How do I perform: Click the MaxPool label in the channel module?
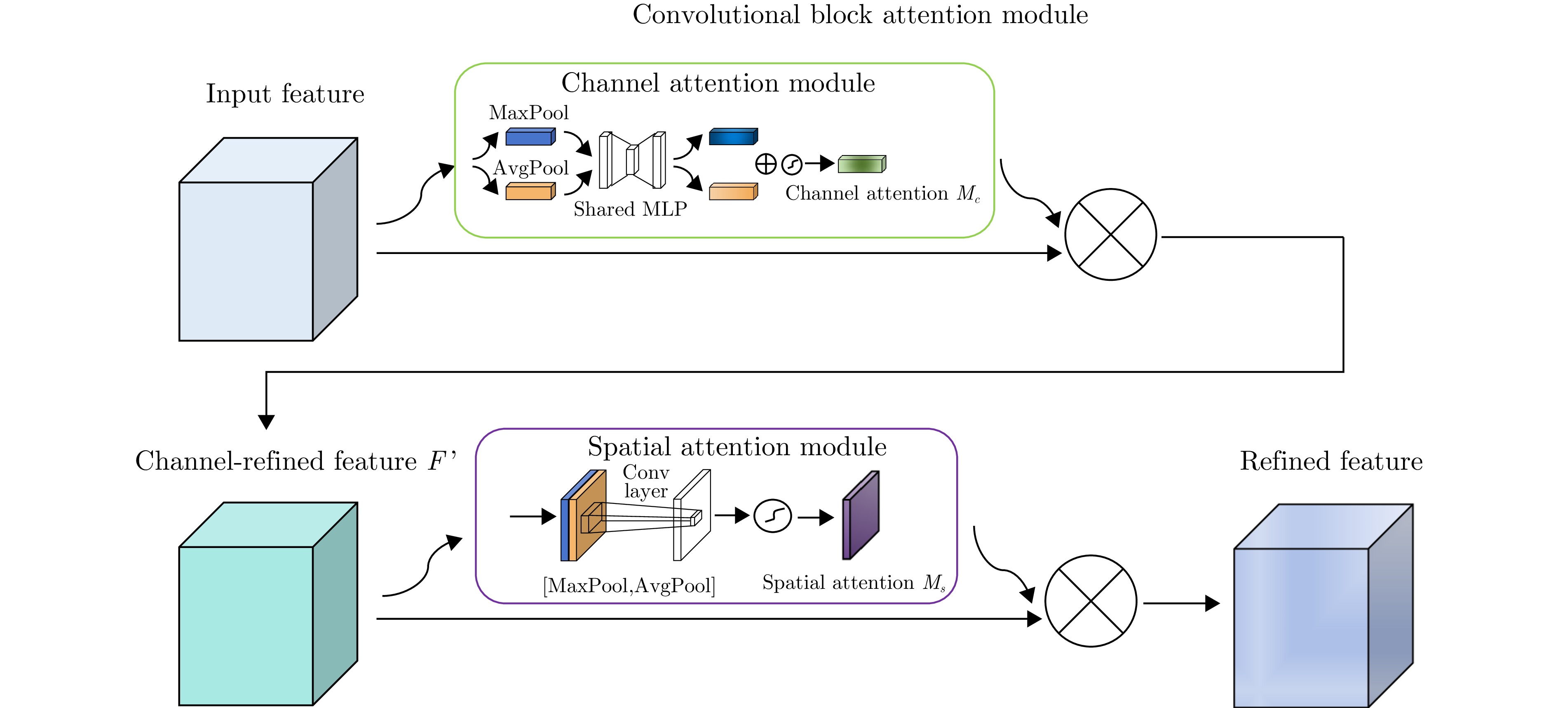pos(528,113)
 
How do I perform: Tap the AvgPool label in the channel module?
pos(531,168)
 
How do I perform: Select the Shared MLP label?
pos(630,209)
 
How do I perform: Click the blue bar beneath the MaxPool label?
pos(530,137)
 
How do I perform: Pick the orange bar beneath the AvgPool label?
pos(530,192)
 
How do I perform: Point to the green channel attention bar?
pos(861,164)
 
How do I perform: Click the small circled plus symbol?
pos(766,164)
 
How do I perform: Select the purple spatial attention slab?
pos(861,515)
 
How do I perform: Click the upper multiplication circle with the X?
pos(1110,235)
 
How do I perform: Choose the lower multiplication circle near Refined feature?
pos(1091,601)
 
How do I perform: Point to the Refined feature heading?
pos(1330,461)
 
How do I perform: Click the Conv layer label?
pos(645,482)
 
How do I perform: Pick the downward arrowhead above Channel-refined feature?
pos(266,422)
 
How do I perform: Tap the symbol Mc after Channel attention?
pos(968,194)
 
